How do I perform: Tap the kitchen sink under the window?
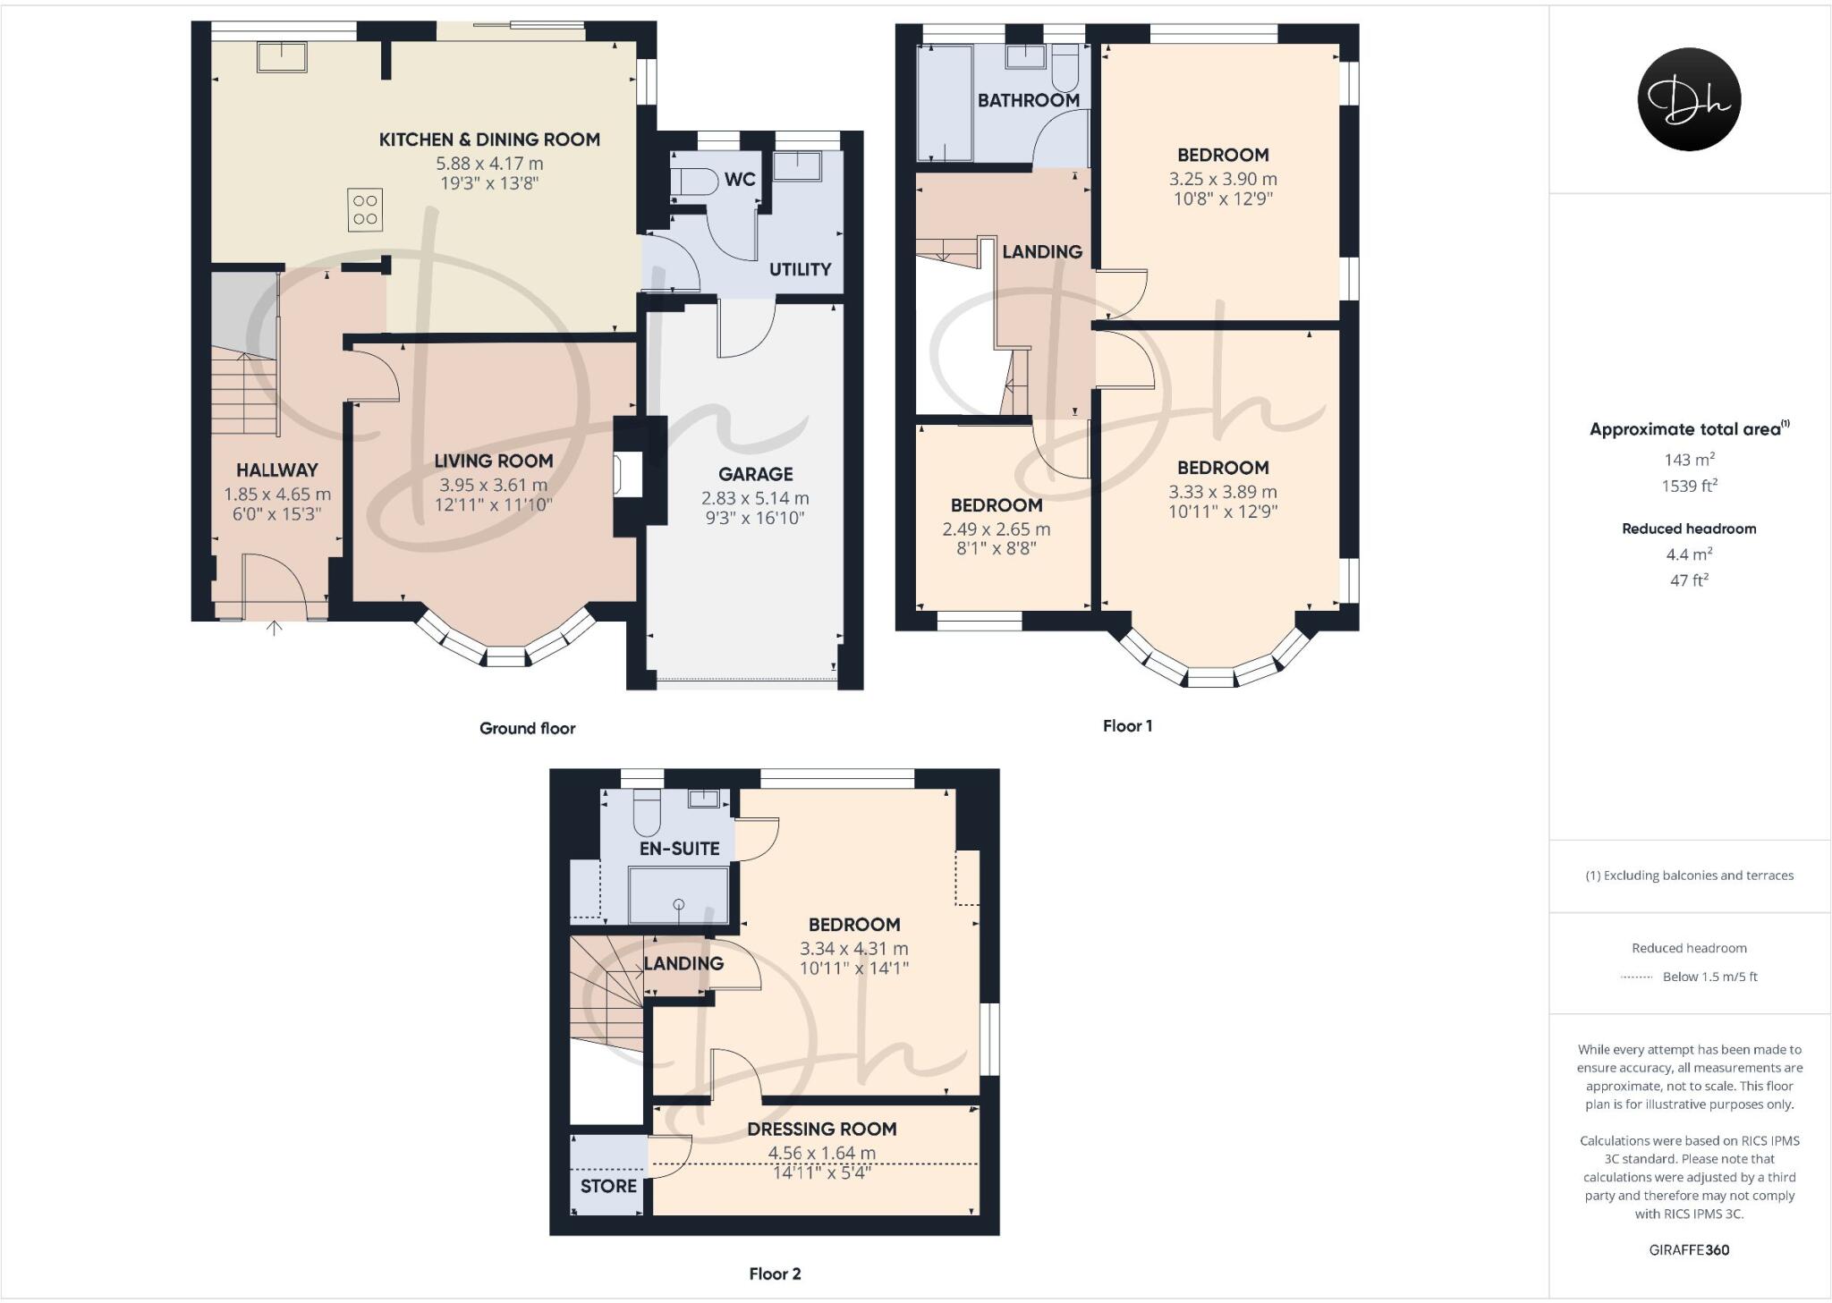pos(282,56)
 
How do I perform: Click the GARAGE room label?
pos(755,474)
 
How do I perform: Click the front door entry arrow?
pos(275,628)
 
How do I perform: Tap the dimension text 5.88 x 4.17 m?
pos(489,164)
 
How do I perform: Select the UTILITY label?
pos(800,269)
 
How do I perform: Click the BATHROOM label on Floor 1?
pos(1028,100)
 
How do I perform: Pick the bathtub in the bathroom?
pos(945,104)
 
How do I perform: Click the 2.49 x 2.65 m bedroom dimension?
pos(996,529)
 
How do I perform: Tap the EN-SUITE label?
pos(679,849)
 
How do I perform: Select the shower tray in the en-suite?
pos(679,895)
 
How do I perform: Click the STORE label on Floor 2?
pos(608,1186)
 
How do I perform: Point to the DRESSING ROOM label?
pos(821,1129)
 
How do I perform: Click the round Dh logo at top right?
pos(1689,99)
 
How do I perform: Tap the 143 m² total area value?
pos(1689,460)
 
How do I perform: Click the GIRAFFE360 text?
pos(1689,1250)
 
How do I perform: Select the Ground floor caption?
pos(527,728)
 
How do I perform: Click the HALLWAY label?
pos(276,470)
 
